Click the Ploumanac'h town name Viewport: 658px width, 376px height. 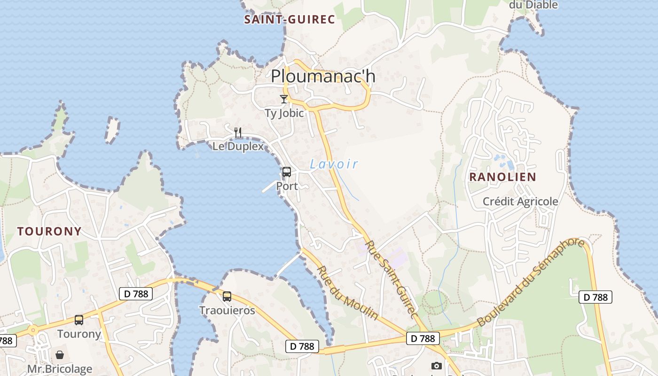click(323, 76)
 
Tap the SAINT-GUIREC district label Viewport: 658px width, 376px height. click(290, 19)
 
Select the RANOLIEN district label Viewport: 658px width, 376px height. click(503, 177)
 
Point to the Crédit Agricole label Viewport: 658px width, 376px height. click(521, 202)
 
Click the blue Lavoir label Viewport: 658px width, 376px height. click(334, 164)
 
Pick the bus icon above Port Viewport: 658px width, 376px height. click(287, 172)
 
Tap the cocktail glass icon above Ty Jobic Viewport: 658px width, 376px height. click(283, 99)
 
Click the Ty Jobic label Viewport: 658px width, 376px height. click(284, 113)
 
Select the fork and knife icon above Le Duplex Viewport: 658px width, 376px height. click(238, 132)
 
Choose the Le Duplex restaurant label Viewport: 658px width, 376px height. click(238, 146)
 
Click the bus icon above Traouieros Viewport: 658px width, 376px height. click(227, 297)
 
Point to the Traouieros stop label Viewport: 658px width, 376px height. click(227, 311)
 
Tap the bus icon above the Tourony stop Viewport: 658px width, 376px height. click(79, 320)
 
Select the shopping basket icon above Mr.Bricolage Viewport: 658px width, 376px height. click(60, 354)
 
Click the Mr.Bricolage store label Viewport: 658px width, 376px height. click(60, 368)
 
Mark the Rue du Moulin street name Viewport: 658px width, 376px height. click(348, 293)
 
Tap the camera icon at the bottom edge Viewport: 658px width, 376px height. click(437, 366)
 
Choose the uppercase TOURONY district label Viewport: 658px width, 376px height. click(49, 231)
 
